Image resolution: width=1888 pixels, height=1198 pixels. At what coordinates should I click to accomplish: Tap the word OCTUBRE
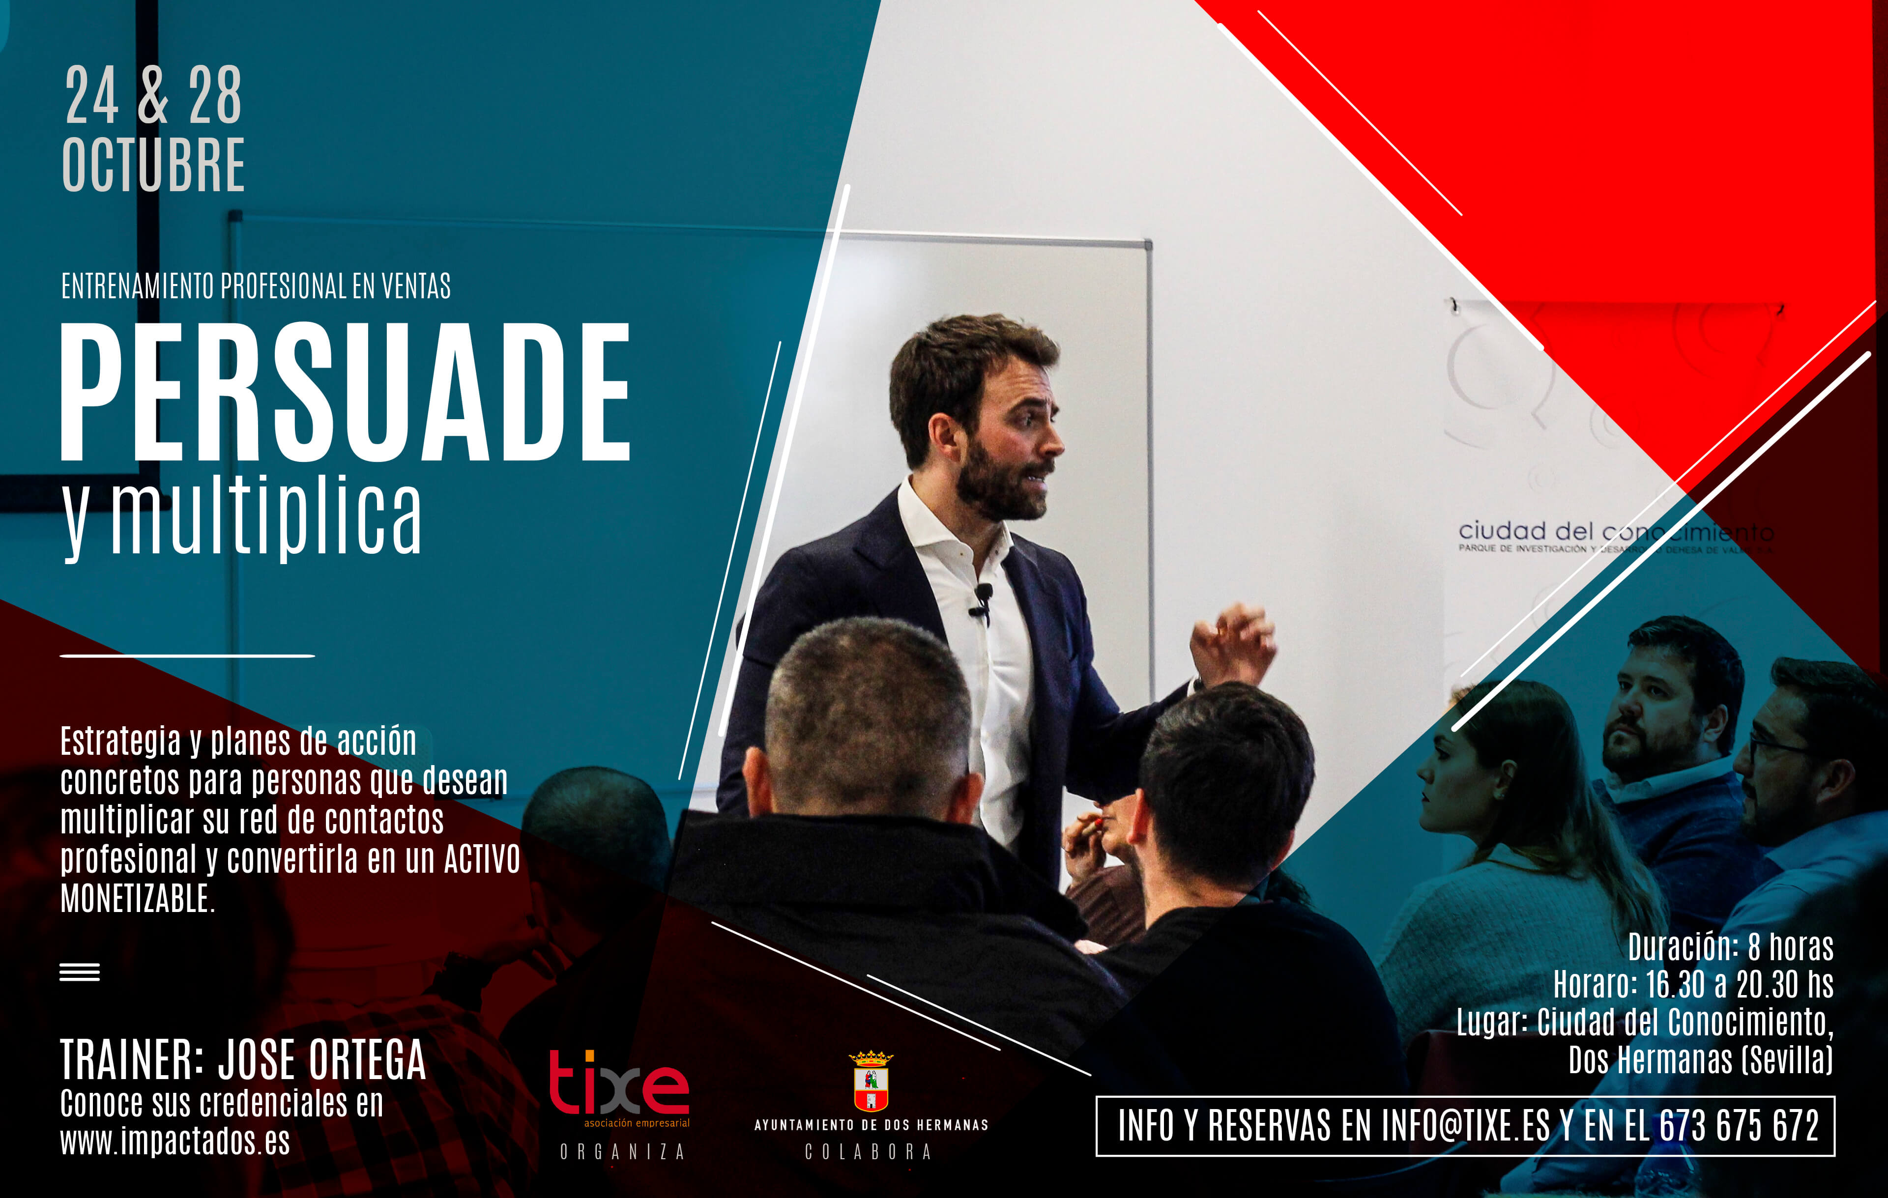click(154, 165)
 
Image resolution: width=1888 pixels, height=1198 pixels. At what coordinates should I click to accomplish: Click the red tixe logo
click(619, 1083)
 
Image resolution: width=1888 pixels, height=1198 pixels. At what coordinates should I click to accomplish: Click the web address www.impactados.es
click(175, 1141)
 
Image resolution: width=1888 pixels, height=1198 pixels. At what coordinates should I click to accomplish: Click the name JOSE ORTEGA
click(321, 1060)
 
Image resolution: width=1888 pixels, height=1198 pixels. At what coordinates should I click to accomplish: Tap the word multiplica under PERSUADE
click(266, 517)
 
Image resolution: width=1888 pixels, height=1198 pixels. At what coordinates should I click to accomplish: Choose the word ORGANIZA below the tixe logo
click(623, 1152)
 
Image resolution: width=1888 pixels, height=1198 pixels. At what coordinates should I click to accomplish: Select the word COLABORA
click(869, 1152)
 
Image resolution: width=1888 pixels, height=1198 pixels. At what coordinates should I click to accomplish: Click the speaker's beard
click(1000, 482)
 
